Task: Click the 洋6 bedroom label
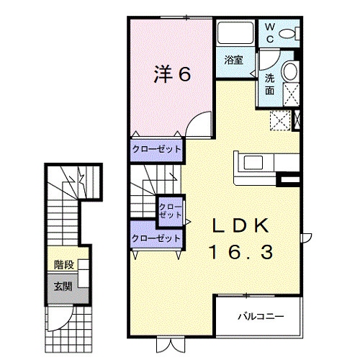click(172, 74)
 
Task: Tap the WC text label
click(270, 33)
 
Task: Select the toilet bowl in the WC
click(287, 34)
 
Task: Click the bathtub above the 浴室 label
click(235, 33)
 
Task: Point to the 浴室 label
click(234, 60)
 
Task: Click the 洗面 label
click(269, 84)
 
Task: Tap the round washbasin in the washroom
click(291, 71)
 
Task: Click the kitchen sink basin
click(253, 163)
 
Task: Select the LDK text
click(240, 225)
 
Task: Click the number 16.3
click(241, 252)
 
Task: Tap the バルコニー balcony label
click(261, 316)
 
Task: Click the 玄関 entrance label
click(63, 287)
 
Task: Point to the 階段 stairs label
click(64, 265)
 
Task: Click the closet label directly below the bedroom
click(157, 149)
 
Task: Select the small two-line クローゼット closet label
click(171, 211)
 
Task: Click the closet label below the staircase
click(156, 238)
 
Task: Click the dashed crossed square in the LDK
click(280, 120)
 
